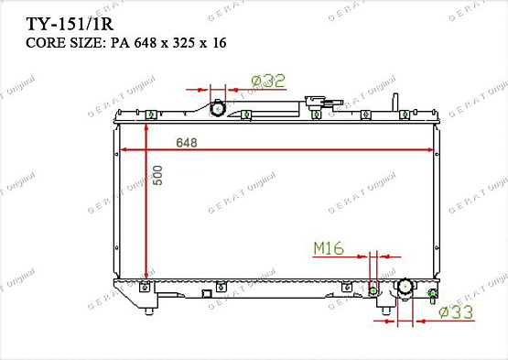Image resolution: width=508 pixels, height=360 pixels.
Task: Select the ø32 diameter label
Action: (x=268, y=82)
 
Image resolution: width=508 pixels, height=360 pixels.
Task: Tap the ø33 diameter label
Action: (x=457, y=313)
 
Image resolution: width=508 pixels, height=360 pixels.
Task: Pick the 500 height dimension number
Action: (x=157, y=177)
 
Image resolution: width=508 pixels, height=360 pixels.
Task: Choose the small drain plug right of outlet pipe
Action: (x=431, y=294)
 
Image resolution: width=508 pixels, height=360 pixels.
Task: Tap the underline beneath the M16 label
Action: (x=339, y=256)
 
